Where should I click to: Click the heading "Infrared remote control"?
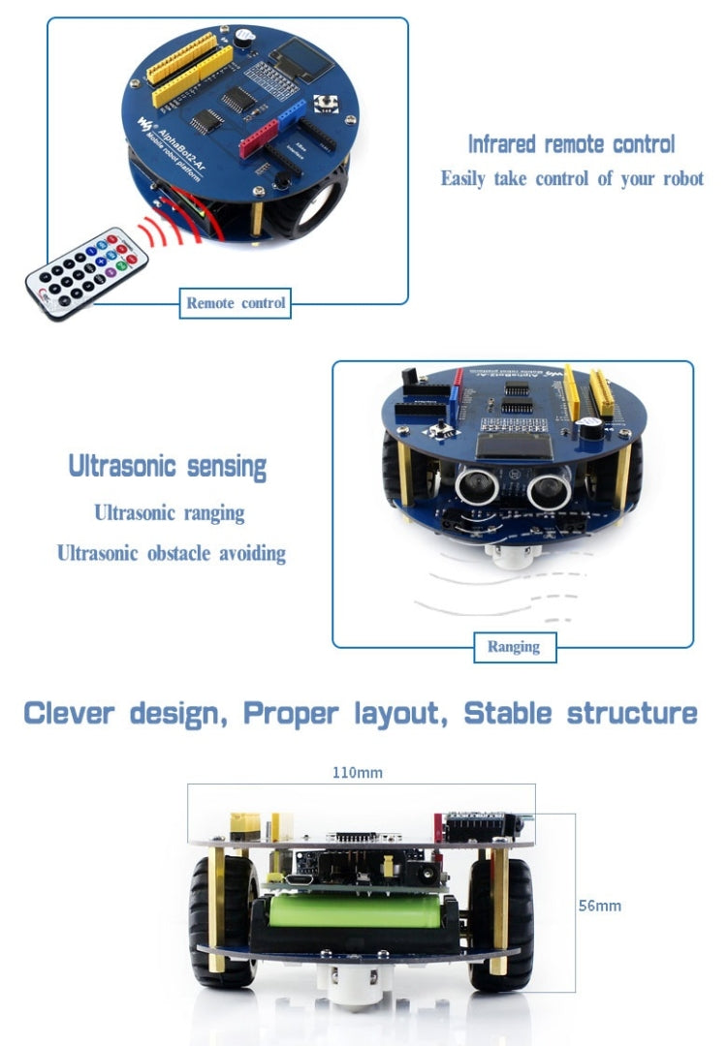pyautogui.click(x=572, y=145)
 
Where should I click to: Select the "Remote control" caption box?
pyautogui.click(x=236, y=303)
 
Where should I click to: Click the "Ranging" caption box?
pyautogui.click(x=514, y=646)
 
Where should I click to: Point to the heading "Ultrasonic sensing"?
pyautogui.click(x=167, y=466)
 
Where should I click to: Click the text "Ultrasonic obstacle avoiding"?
pyautogui.click(x=171, y=553)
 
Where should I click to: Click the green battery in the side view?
pyautogui.click(x=355, y=911)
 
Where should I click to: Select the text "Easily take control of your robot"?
pyautogui.click(x=572, y=179)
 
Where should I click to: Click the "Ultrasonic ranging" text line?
pyautogui.click(x=170, y=512)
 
